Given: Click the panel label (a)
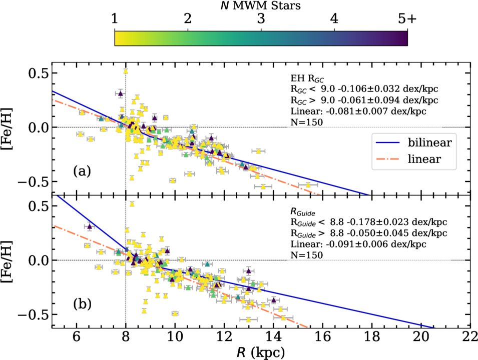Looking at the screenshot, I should click(x=82, y=171).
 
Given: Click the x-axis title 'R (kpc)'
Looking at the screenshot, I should click(x=261, y=352).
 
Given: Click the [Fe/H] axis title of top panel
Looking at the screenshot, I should click(x=11, y=128).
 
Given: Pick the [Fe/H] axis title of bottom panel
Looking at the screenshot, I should click(x=11, y=260).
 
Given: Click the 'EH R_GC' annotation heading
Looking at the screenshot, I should click(x=305, y=78).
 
